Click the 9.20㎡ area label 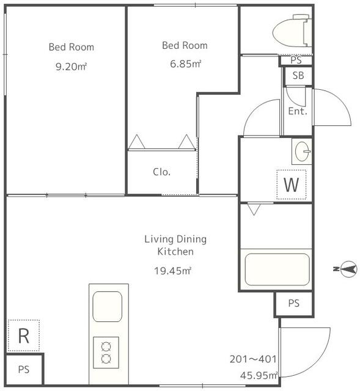71,67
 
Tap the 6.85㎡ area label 185,64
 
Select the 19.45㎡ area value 172,271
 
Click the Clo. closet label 161,172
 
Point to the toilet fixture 292,31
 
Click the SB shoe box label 298,75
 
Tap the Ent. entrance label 298,111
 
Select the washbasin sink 302,152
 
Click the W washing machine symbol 292,185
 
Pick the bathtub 277,269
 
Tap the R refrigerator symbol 24,335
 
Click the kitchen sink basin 108,307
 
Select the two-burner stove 106,353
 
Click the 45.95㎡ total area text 259,375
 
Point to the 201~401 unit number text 253,359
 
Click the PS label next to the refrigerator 24,369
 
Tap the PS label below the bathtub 293,303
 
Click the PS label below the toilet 296,60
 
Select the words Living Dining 175,239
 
